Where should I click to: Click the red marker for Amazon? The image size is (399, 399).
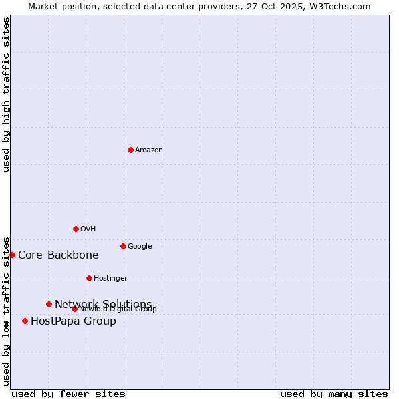130,150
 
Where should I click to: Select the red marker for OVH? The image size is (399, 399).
76,229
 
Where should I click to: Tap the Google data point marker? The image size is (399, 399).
123,246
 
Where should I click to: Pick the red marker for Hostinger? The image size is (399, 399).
89,278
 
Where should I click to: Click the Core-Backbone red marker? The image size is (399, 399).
12,255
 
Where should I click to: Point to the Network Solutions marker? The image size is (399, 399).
49,304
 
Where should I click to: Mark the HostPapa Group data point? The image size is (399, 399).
25,321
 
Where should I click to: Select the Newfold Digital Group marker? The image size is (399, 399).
74,309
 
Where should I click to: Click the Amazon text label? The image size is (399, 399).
149,150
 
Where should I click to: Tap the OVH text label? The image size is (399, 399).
88,229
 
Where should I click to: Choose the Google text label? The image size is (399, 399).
140,247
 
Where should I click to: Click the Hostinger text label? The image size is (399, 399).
110,279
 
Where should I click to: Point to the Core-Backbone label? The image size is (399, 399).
59,255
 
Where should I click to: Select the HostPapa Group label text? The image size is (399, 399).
73,321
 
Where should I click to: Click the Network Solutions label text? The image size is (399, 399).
103,304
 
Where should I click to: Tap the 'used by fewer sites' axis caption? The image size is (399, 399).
68,394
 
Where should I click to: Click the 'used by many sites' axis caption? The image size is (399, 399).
334,394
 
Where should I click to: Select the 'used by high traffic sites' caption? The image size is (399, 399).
6,94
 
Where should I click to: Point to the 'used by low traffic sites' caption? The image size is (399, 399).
6,311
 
